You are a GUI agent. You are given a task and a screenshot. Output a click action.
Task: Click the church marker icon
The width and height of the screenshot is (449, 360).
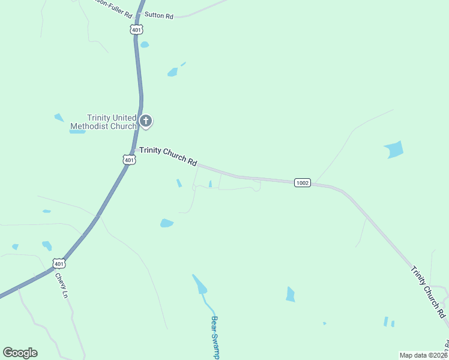pyautogui.click(x=146, y=121)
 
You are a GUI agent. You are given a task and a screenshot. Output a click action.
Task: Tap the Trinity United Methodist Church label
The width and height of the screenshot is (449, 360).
pyautogui.click(x=103, y=122)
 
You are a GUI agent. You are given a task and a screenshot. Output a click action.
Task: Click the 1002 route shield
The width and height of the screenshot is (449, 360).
pyautogui.click(x=303, y=182)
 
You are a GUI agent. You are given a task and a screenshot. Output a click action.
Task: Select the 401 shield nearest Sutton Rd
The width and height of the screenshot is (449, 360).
pyautogui.click(x=137, y=29)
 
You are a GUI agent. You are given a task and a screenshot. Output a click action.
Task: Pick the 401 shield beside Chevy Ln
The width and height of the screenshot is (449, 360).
pyautogui.click(x=58, y=263)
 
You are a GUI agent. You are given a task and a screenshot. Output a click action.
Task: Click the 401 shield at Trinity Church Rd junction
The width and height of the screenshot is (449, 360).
pyautogui.click(x=129, y=160)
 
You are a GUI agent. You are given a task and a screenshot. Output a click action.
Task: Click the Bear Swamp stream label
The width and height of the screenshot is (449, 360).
pyautogui.click(x=215, y=337)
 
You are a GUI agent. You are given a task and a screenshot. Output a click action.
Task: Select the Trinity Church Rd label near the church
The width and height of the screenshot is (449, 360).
pyautogui.click(x=169, y=156)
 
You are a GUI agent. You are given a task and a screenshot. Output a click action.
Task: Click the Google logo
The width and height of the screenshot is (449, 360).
pyautogui.click(x=20, y=353)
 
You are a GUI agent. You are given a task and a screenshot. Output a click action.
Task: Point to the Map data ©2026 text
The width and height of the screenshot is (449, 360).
pyautogui.click(x=423, y=355)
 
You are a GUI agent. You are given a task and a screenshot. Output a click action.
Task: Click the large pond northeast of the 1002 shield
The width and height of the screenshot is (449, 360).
pyautogui.click(x=394, y=149)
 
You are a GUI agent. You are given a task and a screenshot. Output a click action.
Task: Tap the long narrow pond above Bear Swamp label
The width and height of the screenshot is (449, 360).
pyautogui.click(x=200, y=284)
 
